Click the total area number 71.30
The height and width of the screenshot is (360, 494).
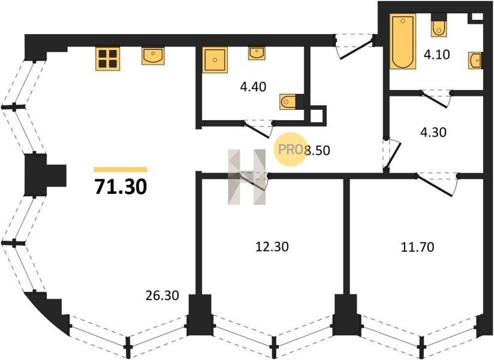pos(121,187)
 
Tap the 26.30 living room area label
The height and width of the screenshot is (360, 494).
pos(162,295)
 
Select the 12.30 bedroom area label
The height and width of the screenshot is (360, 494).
pos(272,247)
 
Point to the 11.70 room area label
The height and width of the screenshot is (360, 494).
pos(417,247)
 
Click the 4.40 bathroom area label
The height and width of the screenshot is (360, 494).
pos(253,86)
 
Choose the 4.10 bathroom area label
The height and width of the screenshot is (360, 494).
pos(436,55)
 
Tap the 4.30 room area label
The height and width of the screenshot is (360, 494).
pos(433,133)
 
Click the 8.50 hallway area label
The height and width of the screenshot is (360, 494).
pos(318,151)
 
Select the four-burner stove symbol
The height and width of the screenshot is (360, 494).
pos(108,59)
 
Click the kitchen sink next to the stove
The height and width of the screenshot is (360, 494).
pos(153,56)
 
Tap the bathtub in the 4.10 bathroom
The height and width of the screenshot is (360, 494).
pos(403,41)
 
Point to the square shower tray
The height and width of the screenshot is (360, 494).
pos(215,60)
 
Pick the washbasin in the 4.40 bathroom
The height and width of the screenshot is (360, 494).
pos(257,53)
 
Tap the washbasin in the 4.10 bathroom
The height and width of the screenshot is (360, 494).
pos(475,60)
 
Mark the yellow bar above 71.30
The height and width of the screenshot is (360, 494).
pos(121,170)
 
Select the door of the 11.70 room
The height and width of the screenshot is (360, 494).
pos(437,185)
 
